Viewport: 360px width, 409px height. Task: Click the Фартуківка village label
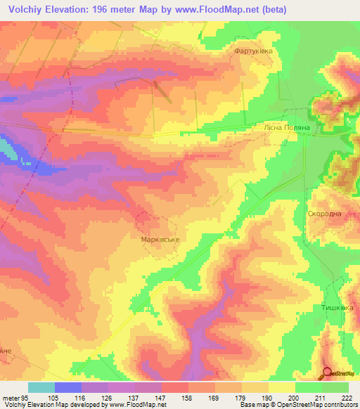click(x=253, y=52)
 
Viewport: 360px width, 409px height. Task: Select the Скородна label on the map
click(x=324, y=214)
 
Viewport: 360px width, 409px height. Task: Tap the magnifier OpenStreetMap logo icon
click(x=328, y=373)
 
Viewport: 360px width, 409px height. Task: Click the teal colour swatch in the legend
click(x=41, y=387)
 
